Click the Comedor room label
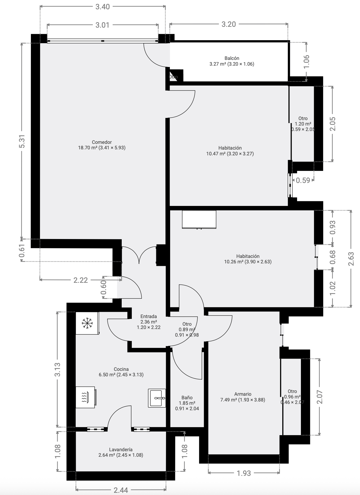pos(102,142)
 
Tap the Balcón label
pos(232,58)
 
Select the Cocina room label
pos(121,369)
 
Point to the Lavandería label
pos(121,450)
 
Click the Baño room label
pos(187,398)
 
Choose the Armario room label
pos(243,394)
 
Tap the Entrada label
pos(149,316)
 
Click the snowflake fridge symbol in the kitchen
pos(87,323)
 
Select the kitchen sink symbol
pos(157,398)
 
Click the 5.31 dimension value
pos(22,141)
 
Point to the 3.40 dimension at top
pos(103,7)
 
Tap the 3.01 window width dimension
pos(103,25)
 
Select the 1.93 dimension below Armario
pos(243,473)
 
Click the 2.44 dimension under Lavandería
pos(121,490)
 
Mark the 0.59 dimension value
pos(303,180)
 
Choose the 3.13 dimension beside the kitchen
pos(57,369)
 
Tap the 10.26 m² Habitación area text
pos(248,262)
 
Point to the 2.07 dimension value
pos(320,397)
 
